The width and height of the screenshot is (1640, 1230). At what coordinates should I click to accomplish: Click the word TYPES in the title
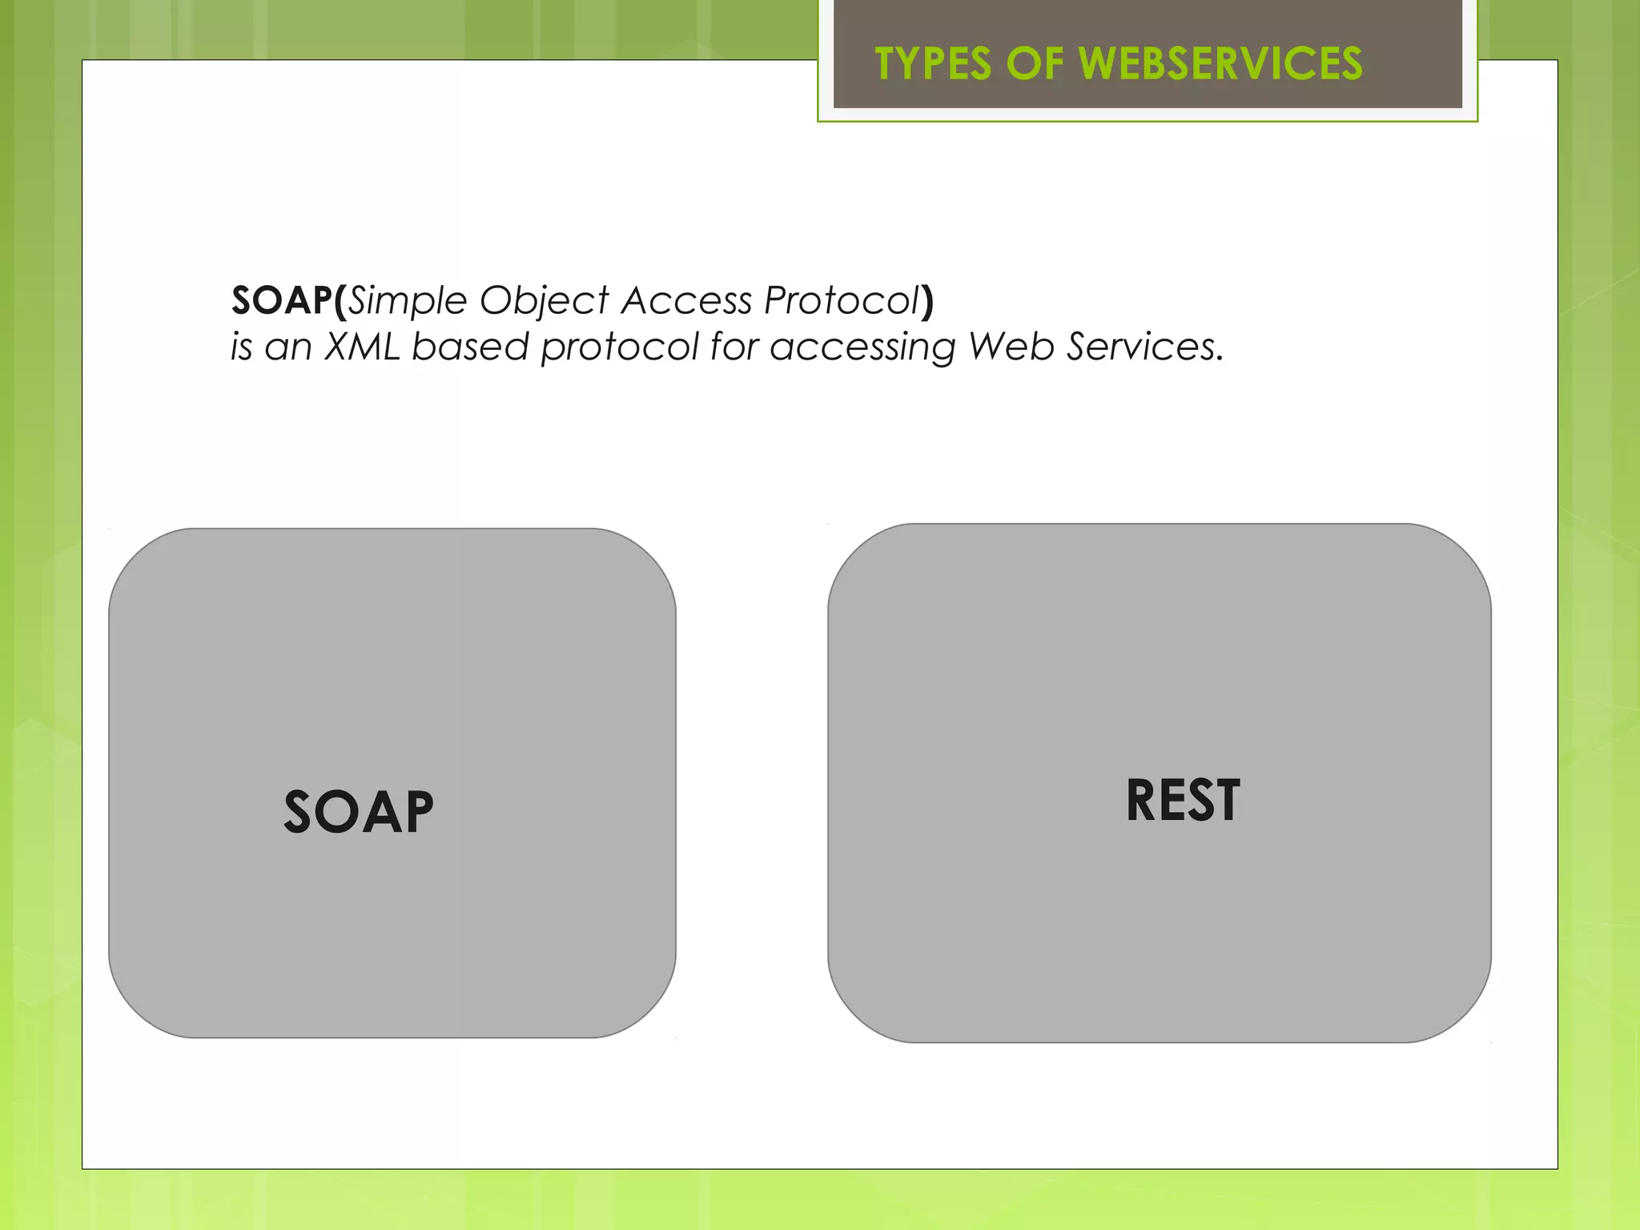[x=933, y=64]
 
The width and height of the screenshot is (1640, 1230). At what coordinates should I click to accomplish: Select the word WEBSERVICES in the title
[x=1220, y=64]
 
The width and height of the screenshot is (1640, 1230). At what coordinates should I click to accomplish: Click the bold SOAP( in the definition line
[x=288, y=301]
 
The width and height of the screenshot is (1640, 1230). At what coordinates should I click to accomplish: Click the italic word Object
[x=544, y=301]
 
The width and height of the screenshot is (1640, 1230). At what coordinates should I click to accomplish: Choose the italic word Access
[x=686, y=301]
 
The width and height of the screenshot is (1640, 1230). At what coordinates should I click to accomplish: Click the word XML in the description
[x=362, y=347]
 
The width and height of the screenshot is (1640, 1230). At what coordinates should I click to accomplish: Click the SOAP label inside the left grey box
[x=359, y=812]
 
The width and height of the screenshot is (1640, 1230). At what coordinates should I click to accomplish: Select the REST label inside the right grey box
[x=1183, y=801]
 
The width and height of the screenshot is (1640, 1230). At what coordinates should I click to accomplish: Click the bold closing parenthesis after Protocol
[x=927, y=301]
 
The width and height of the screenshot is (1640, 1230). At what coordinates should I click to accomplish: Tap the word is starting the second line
[x=241, y=347]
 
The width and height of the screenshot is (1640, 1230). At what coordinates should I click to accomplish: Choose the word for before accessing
[x=734, y=347]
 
